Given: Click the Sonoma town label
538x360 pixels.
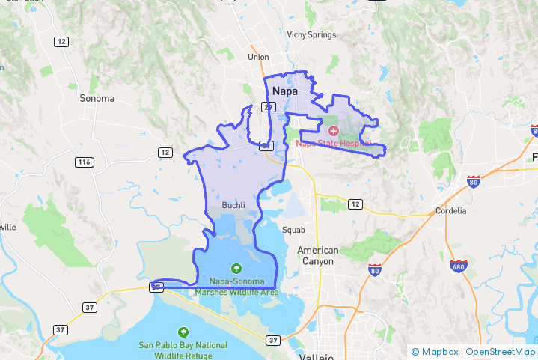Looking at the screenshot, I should pyautogui.click(x=97, y=98).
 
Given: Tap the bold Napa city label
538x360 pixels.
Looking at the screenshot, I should pyautogui.click(x=284, y=91).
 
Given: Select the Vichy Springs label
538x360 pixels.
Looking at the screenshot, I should pyautogui.click(x=311, y=34).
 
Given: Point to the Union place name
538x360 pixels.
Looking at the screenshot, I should pyautogui.click(x=258, y=57).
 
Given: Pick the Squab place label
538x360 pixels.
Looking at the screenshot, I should pyautogui.click(x=293, y=230).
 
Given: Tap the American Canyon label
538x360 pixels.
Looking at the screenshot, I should pyautogui.click(x=318, y=255).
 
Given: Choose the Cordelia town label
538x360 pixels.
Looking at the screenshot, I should pyautogui.click(x=451, y=210).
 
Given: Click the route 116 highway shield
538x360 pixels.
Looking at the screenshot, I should pyautogui.click(x=84, y=162).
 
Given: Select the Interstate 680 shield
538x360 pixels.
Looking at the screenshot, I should pyautogui.click(x=459, y=266).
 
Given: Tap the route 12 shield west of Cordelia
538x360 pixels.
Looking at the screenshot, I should pyautogui.click(x=355, y=204).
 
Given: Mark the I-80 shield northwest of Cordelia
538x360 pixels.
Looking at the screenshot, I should pyautogui.click(x=472, y=181).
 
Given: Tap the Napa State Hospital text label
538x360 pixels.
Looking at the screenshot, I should pyautogui.click(x=334, y=143).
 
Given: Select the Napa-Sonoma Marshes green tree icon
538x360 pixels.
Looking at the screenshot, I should pyautogui.click(x=236, y=268).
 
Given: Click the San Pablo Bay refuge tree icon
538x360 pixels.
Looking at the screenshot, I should pyautogui.click(x=183, y=332).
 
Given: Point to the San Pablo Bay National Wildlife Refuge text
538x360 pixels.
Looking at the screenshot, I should pyautogui.click(x=183, y=350).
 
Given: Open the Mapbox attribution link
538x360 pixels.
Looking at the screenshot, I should pyautogui.click(x=435, y=352).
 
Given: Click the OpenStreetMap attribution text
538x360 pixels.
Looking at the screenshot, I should pyautogui.click(x=501, y=352).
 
